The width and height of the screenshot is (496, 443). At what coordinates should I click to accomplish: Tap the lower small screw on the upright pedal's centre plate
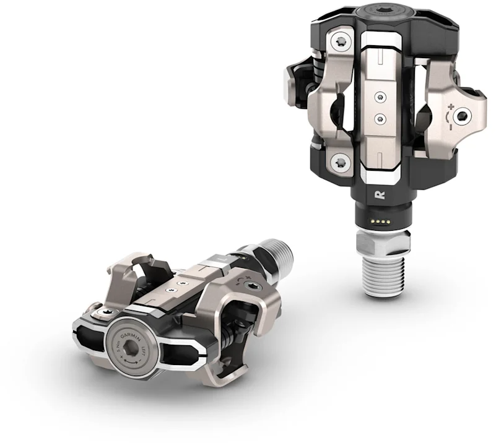tap(380, 118)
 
